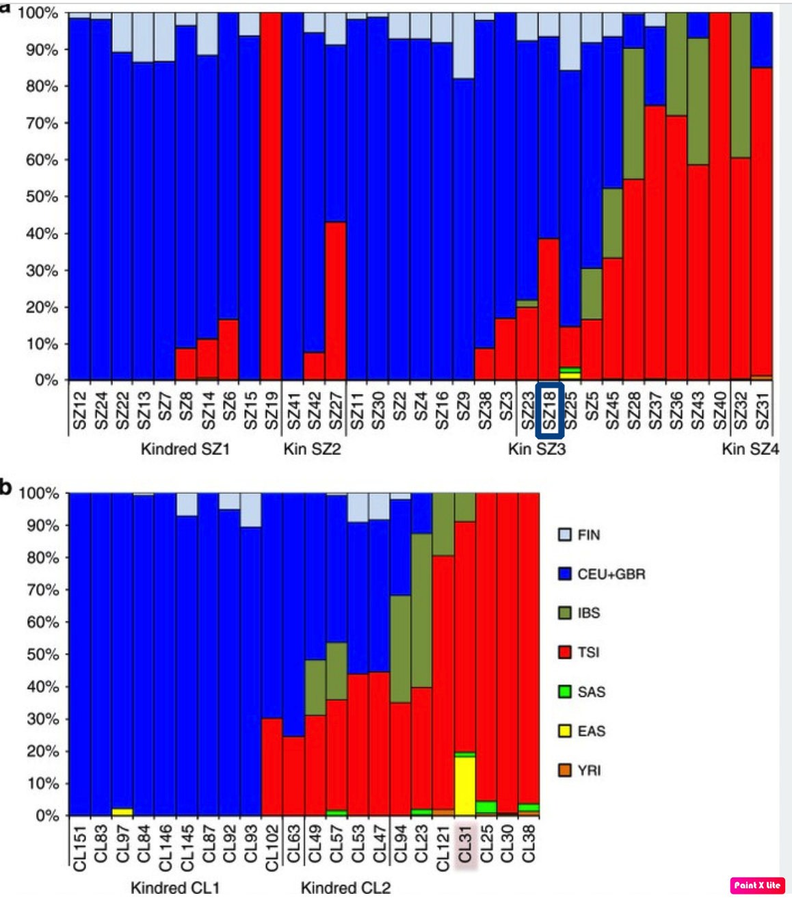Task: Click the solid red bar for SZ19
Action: click(x=271, y=198)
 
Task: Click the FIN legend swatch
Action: click(x=565, y=535)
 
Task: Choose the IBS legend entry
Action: click(x=588, y=613)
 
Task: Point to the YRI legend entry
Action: click(x=588, y=770)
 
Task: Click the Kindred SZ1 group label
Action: click(x=185, y=449)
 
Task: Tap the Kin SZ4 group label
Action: click(x=750, y=449)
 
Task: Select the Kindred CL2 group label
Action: click(x=345, y=888)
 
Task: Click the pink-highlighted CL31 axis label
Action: click(x=465, y=848)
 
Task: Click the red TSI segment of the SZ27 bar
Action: click(x=335, y=301)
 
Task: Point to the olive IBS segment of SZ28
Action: click(x=633, y=114)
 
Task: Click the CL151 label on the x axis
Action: click(x=79, y=848)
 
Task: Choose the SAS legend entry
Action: click(x=591, y=691)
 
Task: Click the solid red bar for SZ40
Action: click(x=720, y=198)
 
